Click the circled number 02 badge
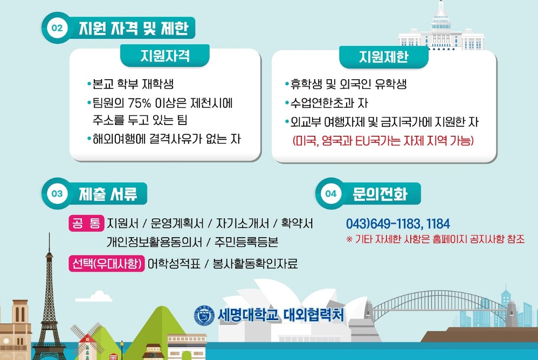(57, 28)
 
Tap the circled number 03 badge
(57, 193)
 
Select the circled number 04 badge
(331, 193)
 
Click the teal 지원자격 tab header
(165, 56)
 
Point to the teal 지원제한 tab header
(384, 57)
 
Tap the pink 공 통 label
(86, 223)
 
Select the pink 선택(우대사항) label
(107, 264)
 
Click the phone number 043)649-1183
(383, 224)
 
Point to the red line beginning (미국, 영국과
(383, 141)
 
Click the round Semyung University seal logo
(204, 315)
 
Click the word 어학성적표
(174, 264)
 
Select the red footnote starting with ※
(436, 239)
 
